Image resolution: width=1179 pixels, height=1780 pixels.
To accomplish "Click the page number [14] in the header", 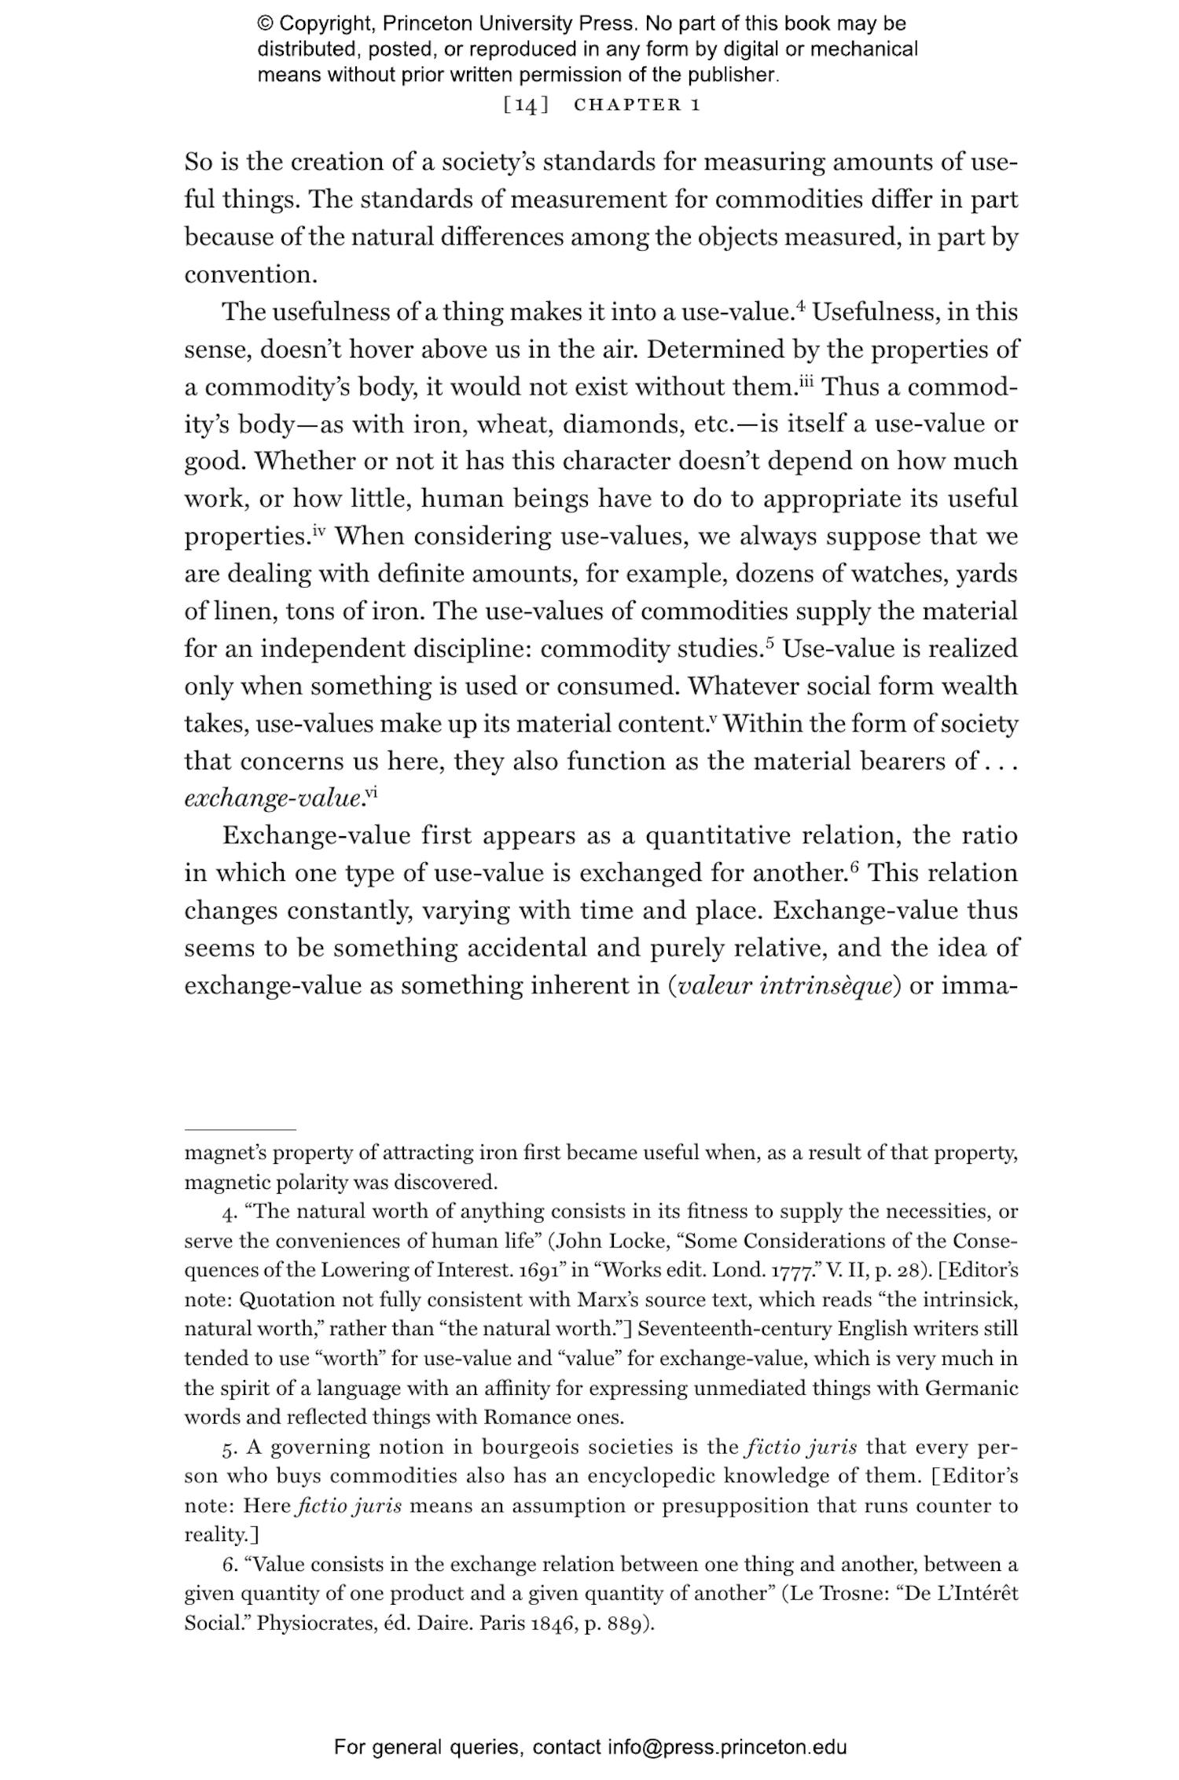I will point(525,105).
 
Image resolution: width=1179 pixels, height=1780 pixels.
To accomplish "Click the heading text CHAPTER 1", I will point(637,105).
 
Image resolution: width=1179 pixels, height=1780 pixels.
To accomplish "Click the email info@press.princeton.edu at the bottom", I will point(726,1747).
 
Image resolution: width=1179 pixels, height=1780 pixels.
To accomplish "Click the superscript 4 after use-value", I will point(801,306).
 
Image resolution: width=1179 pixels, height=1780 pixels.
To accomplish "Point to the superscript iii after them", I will point(807,381).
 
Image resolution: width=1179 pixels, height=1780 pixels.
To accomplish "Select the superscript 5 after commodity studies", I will point(769,643).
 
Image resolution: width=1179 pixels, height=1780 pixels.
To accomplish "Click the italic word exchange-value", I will point(273,799).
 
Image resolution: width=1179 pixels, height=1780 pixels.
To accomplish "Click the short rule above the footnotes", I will point(240,1129).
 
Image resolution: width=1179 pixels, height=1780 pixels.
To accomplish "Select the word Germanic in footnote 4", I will point(971,1388).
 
